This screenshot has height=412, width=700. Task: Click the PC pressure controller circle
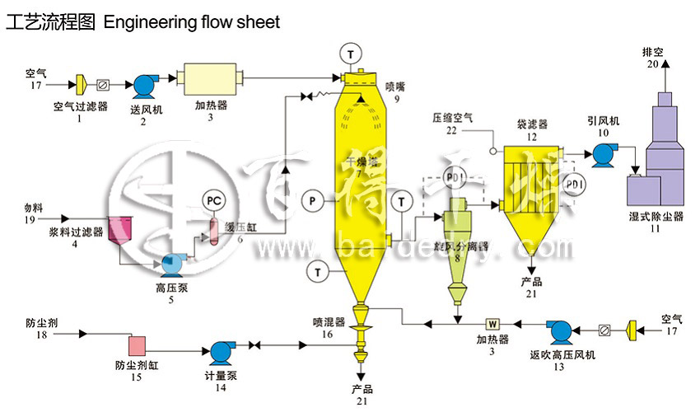(213, 199)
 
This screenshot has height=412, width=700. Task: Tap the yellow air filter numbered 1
(82, 85)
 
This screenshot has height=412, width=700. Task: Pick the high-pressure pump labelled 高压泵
(172, 264)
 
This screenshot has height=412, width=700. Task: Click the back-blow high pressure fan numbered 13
(562, 332)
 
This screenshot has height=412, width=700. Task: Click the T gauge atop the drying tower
(352, 53)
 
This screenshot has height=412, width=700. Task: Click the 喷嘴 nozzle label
(395, 86)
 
